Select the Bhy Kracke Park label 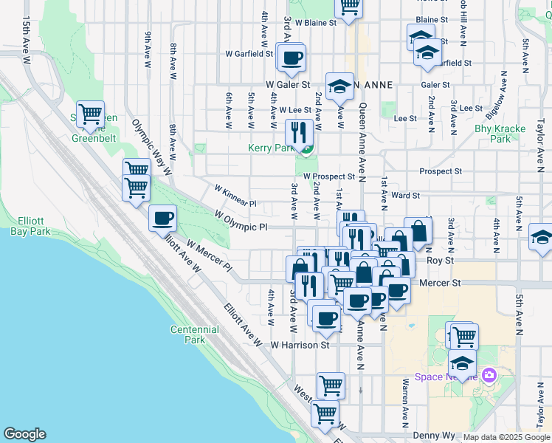(x=500, y=133)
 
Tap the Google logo (x=24, y=434)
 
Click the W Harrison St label (x=299, y=345)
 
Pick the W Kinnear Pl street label (x=235, y=195)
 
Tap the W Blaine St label (x=315, y=22)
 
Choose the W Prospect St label (x=328, y=176)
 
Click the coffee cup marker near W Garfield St (x=291, y=56)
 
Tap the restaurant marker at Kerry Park (x=299, y=133)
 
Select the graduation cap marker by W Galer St (x=339, y=87)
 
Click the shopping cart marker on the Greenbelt (x=90, y=114)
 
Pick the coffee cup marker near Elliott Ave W (x=163, y=218)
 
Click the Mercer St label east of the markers (x=439, y=283)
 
